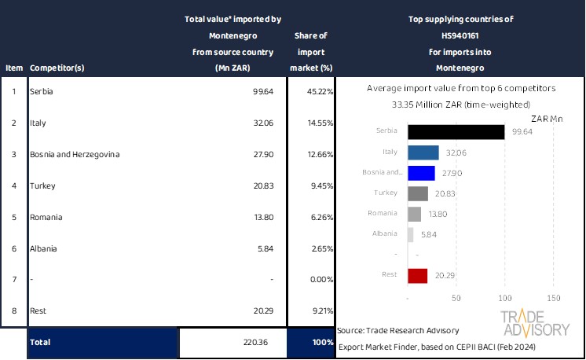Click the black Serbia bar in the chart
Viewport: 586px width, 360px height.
click(x=456, y=131)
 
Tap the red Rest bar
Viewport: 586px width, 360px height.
click(x=418, y=275)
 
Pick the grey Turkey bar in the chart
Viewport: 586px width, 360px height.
click(x=418, y=193)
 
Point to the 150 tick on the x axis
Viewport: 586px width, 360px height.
click(x=553, y=299)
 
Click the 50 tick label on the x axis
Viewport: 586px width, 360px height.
click(x=456, y=299)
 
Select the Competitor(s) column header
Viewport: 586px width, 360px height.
click(x=57, y=68)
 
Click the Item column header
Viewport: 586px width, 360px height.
click(x=13, y=68)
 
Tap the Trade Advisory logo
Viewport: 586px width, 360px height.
click(x=535, y=323)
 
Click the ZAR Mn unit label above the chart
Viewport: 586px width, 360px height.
click(x=548, y=118)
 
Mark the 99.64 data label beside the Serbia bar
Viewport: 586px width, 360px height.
click(x=522, y=132)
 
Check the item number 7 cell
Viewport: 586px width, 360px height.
click(x=13, y=281)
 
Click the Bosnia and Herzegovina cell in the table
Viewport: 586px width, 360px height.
click(x=75, y=155)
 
